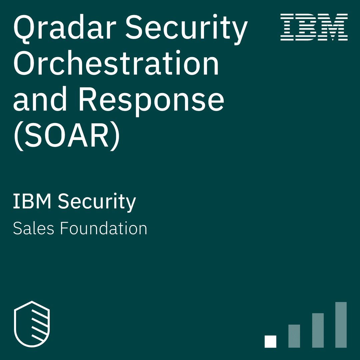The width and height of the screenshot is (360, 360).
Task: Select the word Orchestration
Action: click(116, 63)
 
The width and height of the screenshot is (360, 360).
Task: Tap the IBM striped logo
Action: click(314, 27)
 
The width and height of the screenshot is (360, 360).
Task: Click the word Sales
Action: click(34, 228)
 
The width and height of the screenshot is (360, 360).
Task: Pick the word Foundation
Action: click(104, 228)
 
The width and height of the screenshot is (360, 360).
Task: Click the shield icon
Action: click(32, 324)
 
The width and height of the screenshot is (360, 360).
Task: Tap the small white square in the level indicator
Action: click(270, 342)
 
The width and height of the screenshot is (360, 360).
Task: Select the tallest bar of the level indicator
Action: click(341, 325)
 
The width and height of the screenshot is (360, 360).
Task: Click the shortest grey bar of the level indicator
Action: click(294, 336)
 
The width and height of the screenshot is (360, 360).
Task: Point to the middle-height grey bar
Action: click(318, 330)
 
